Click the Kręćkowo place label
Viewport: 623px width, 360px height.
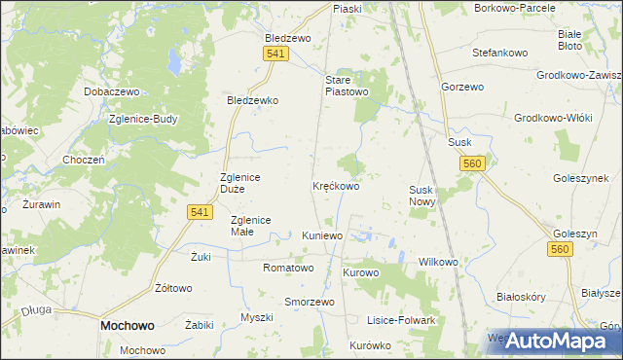click(x=336, y=185)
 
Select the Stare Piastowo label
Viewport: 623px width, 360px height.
click(x=347, y=86)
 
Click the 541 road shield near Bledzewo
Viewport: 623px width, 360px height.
click(x=275, y=54)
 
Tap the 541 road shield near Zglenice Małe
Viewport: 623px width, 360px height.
click(x=199, y=211)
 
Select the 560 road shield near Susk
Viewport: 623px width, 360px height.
click(x=473, y=164)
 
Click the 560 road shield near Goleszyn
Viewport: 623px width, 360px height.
click(x=558, y=250)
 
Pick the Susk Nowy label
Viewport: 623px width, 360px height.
click(x=424, y=196)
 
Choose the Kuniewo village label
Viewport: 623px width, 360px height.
click(x=322, y=236)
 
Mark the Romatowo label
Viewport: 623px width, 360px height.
click(x=288, y=268)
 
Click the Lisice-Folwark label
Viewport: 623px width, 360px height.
click(x=400, y=320)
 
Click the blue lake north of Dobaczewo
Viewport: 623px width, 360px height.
click(x=171, y=63)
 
